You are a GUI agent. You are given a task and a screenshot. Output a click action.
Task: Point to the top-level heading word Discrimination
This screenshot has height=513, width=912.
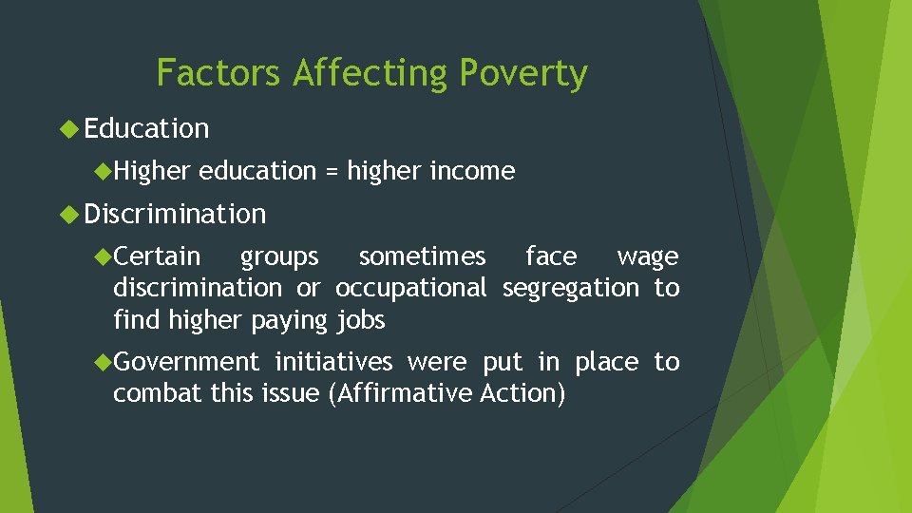coord(175,215)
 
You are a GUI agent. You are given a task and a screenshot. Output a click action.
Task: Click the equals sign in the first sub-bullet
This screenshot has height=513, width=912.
coord(332,172)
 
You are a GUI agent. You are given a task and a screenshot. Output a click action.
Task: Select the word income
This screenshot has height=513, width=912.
coord(472,172)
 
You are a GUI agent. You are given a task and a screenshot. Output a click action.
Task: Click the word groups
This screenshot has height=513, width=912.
coord(279,256)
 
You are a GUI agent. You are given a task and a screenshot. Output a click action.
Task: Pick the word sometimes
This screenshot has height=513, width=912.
coord(422,256)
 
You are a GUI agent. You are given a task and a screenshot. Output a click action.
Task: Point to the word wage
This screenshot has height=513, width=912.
coord(647,256)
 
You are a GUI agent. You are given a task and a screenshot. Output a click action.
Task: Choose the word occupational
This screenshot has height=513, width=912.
coord(411,288)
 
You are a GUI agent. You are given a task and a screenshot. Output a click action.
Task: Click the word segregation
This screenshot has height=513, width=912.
coord(570,288)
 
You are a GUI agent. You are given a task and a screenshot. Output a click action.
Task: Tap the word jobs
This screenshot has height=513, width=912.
coord(361,320)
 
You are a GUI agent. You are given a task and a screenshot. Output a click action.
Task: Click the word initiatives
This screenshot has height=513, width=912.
coord(332,362)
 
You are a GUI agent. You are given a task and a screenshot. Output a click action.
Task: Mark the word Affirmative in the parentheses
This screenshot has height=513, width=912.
coord(399,393)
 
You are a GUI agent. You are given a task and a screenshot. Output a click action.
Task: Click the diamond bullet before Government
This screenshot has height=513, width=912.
coord(104,362)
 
